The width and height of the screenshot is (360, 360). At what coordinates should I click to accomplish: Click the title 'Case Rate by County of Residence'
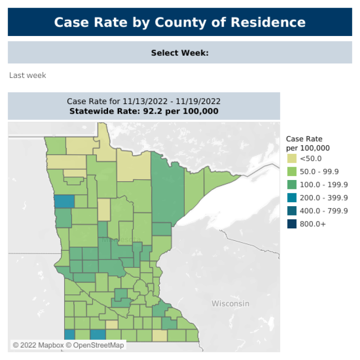pos(180,22)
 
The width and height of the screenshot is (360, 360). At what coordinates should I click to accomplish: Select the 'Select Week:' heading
pos(180,53)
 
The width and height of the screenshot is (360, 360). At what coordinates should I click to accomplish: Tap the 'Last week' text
pos(27,75)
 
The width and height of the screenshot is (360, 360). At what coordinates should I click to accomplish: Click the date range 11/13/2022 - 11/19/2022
pos(171,102)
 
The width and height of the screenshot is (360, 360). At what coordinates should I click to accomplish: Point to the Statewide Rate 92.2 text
pos(144,111)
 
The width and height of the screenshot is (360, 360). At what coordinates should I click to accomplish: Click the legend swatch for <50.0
pos(291,159)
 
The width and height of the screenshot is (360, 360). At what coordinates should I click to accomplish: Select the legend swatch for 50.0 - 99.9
pos(291,171)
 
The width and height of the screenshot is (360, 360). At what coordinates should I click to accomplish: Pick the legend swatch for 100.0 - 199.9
pos(291,185)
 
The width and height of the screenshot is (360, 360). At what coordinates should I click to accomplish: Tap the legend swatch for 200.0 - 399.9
pos(291,198)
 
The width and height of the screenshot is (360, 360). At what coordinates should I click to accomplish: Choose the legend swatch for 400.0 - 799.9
pos(291,210)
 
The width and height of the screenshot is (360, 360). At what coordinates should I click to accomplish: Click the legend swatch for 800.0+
pos(291,224)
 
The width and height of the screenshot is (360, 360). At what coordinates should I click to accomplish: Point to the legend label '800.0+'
pos(313,224)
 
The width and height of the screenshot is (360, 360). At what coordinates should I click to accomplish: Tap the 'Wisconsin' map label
pos(230,303)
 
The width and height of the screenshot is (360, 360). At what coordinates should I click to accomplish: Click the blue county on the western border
pos(64,201)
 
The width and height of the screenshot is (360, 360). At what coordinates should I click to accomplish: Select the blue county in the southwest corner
pos(69,335)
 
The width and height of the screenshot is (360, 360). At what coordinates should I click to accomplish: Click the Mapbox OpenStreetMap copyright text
pos(68,345)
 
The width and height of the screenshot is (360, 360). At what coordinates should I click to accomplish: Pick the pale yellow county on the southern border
pos(159,335)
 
